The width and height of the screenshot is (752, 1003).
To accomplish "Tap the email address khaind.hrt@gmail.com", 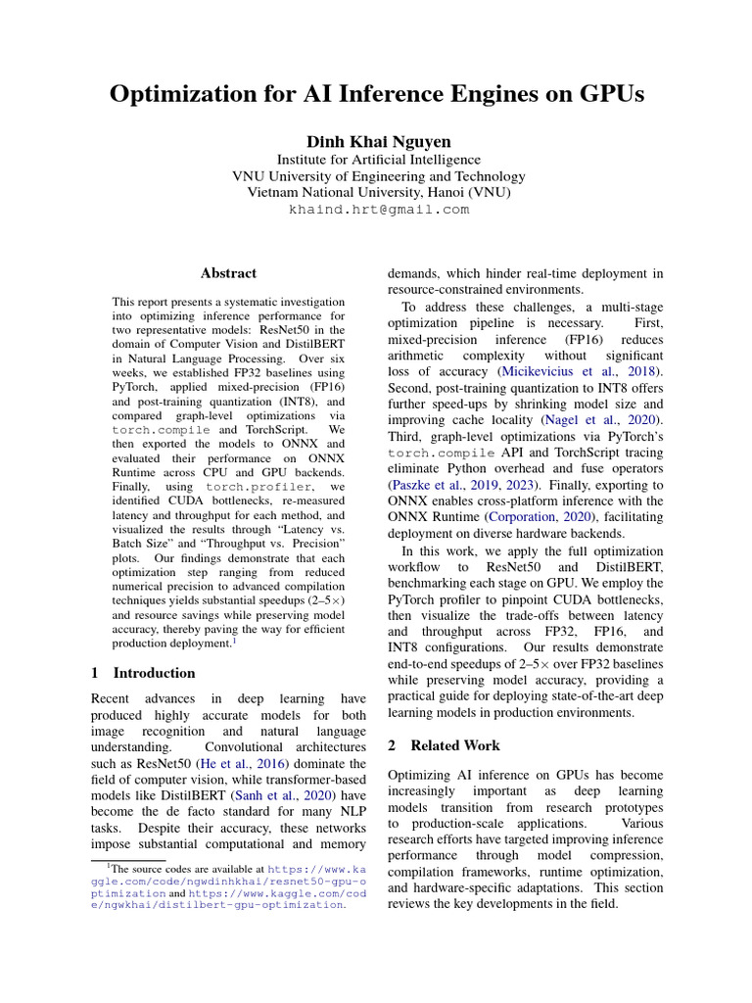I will coord(378,210).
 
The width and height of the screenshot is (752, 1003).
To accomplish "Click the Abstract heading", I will coord(228,273).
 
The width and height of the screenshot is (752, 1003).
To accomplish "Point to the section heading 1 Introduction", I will coord(143,673).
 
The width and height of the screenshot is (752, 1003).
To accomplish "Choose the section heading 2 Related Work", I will coord(444,745).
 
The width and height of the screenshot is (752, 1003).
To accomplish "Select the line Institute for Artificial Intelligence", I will coord(378,160).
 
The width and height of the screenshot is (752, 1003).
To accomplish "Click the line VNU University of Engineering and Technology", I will coord(378,176).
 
